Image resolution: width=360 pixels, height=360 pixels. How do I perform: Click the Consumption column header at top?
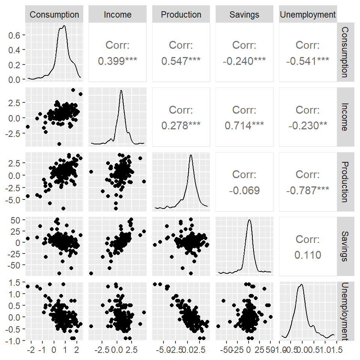click(x=54, y=15)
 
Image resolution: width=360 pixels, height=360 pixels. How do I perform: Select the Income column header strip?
click(x=118, y=15)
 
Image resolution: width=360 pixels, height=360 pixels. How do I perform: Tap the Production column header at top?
click(x=181, y=15)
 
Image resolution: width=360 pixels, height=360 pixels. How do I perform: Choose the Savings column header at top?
click(x=244, y=15)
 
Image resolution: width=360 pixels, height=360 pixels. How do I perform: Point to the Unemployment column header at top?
click(x=308, y=15)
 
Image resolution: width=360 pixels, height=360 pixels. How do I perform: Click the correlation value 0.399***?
click(x=118, y=61)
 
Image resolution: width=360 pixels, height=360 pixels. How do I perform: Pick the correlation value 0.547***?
click(x=181, y=61)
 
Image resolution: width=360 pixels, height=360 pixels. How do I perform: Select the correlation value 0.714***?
click(x=244, y=126)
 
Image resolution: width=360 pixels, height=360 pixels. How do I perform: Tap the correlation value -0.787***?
click(x=308, y=190)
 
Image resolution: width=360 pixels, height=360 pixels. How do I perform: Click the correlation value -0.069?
click(x=244, y=190)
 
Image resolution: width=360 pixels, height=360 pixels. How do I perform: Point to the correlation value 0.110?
click(x=308, y=255)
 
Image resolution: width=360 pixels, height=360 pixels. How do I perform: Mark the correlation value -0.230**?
click(x=308, y=126)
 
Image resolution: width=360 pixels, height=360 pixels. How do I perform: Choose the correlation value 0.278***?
click(x=181, y=126)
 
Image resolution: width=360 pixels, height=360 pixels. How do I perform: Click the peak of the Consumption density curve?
click(x=64, y=25)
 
